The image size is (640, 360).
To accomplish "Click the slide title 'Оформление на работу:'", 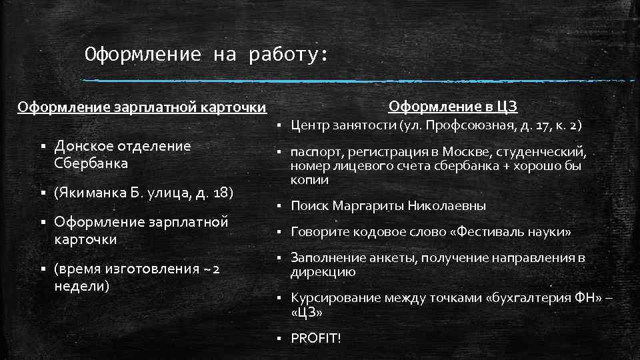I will pos(207,54).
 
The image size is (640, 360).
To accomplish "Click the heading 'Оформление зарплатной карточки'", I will pos(141,107).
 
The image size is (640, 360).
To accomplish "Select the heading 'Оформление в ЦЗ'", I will pos(453,107).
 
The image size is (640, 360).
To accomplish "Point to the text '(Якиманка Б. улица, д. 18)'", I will pos(144,193).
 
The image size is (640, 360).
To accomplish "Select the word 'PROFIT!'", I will pos(315,339).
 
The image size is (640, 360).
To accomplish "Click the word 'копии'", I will pos(309,180).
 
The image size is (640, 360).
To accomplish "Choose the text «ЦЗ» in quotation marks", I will pos(307,312).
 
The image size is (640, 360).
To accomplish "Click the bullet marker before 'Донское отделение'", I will pos(41,147).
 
